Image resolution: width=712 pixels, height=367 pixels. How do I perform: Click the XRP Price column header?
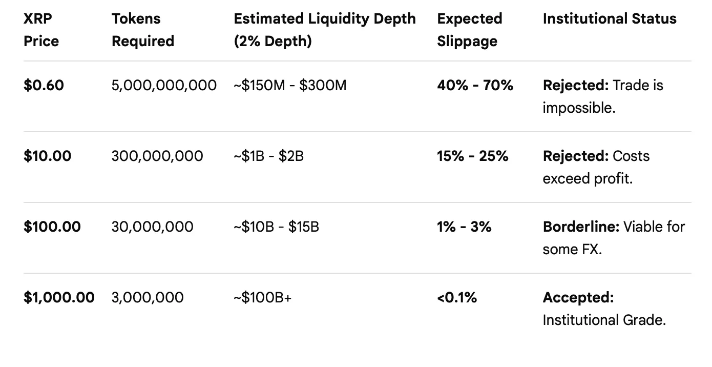point(41,30)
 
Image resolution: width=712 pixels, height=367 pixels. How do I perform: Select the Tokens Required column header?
point(142,30)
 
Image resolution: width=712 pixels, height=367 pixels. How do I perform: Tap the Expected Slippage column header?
point(469,30)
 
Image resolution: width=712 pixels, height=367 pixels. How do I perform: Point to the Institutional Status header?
point(609,19)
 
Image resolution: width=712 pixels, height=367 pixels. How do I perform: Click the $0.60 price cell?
point(44,85)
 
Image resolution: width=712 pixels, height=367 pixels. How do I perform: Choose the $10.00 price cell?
point(47,156)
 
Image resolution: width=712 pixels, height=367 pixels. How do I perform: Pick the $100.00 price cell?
point(52,227)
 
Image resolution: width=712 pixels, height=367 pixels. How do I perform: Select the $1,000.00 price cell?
point(59,297)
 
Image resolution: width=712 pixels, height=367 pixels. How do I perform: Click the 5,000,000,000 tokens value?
point(164,85)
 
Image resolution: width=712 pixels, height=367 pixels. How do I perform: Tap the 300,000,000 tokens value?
point(157,156)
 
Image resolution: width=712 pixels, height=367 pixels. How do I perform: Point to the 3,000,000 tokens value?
point(148,297)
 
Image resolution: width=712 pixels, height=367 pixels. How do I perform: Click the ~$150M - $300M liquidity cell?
point(290,85)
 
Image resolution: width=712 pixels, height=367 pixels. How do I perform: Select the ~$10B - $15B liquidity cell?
point(276,227)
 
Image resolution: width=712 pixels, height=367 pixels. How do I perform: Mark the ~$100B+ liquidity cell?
point(262,297)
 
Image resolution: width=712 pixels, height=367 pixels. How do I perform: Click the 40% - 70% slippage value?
point(475,85)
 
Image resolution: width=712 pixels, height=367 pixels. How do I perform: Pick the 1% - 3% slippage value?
point(464,227)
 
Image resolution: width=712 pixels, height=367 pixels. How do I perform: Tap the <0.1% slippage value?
point(457,297)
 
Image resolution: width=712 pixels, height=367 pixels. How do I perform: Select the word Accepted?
point(578,297)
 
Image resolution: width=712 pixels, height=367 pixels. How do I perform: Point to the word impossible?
point(578,108)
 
